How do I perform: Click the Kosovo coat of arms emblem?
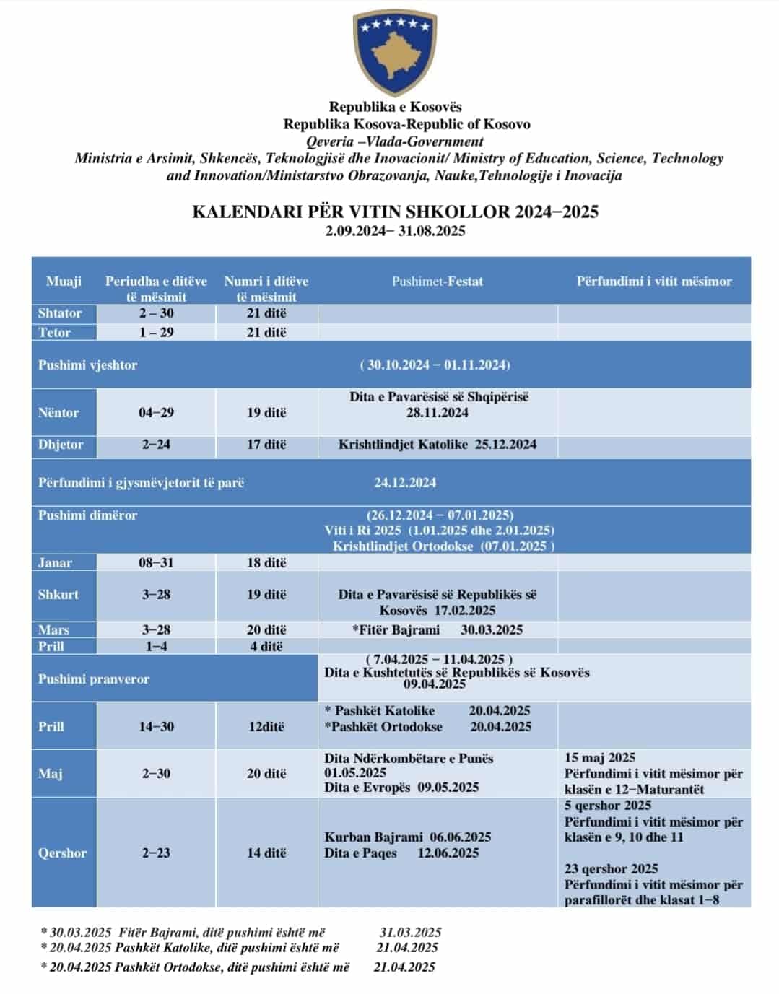click(394, 53)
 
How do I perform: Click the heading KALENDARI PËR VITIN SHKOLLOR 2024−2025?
click(395, 212)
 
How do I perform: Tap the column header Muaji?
click(64, 282)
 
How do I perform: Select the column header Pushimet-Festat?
click(437, 282)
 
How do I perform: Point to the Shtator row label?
click(60, 313)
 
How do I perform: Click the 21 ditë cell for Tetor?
click(266, 332)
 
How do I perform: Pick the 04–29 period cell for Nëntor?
click(156, 413)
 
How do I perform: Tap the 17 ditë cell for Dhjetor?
click(266, 445)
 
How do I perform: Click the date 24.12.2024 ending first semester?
click(405, 483)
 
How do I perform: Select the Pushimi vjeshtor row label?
click(87, 365)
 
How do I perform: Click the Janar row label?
click(55, 563)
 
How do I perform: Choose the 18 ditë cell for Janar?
click(266, 563)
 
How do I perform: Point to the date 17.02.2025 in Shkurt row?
click(465, 611)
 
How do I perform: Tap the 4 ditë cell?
click(266, 647)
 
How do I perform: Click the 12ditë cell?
click(266, 727)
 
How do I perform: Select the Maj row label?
click(51, 774)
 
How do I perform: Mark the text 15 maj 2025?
click(600, 758)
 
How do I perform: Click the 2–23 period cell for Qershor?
click(156, 853)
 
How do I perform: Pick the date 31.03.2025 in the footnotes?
click(410, 933)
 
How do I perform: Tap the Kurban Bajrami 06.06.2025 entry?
click(407, 837)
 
